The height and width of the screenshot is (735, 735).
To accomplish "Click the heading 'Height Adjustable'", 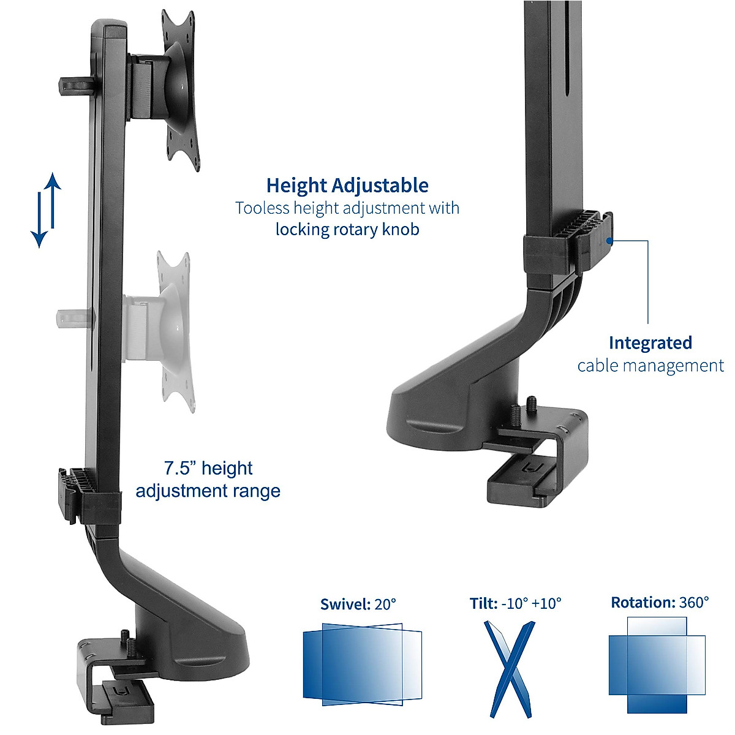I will pos(347,185).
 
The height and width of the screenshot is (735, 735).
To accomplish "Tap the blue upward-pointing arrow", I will pos(53,199).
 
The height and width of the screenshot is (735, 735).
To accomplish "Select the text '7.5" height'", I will pos(208,469).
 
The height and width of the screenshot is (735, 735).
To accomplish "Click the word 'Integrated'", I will pos(650,343).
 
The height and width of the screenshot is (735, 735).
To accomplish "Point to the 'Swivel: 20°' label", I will pos(358,604).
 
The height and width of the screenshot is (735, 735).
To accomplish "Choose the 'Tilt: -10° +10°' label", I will pos(515,603).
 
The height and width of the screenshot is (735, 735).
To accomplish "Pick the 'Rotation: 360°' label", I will pos(660,602).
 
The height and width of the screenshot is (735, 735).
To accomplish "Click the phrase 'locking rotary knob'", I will pos(347,230).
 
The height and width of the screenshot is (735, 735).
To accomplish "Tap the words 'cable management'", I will pos(650,366).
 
